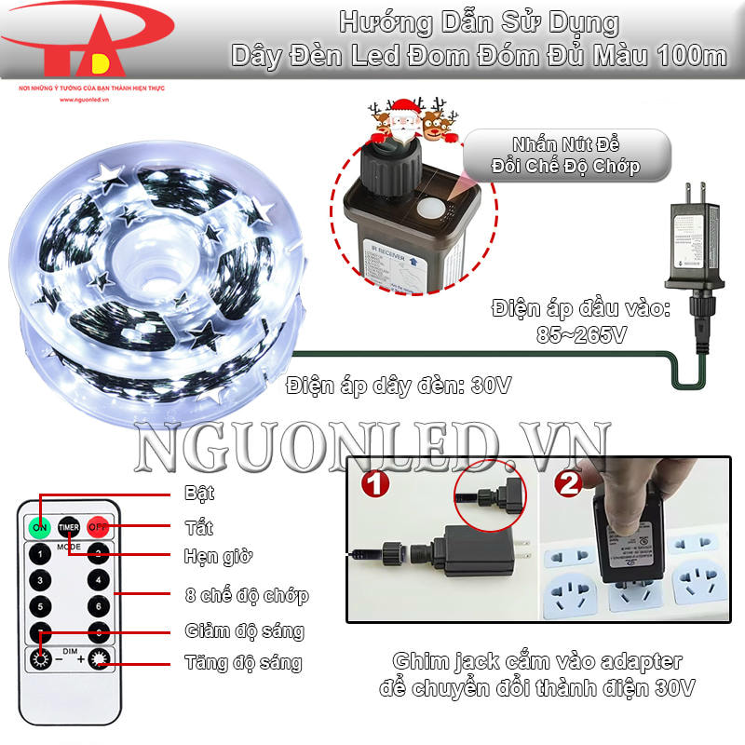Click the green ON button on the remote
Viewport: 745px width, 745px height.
(40, 527)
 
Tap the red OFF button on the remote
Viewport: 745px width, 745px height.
(99, 527)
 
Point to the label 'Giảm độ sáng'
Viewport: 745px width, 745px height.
(245, 630)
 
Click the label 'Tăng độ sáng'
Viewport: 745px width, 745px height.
(243, 663)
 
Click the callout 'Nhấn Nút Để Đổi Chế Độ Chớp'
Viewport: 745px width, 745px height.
(568, 155)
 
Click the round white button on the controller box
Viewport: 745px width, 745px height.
(431, 208)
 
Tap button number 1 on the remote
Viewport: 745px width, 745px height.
(40, 553)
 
